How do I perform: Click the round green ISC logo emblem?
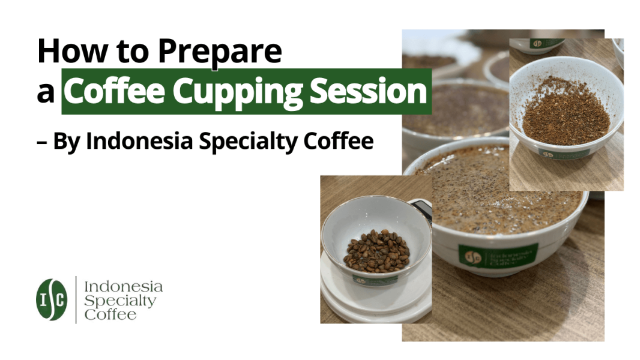click(x=52, y=299)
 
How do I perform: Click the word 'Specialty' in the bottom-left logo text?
click(x=120, y=300)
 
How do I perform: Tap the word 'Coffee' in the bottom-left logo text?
click(x=110, y=314)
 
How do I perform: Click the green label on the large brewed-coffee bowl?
click(x=498, y=254)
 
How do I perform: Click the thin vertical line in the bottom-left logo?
click(x=76, y=299)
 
